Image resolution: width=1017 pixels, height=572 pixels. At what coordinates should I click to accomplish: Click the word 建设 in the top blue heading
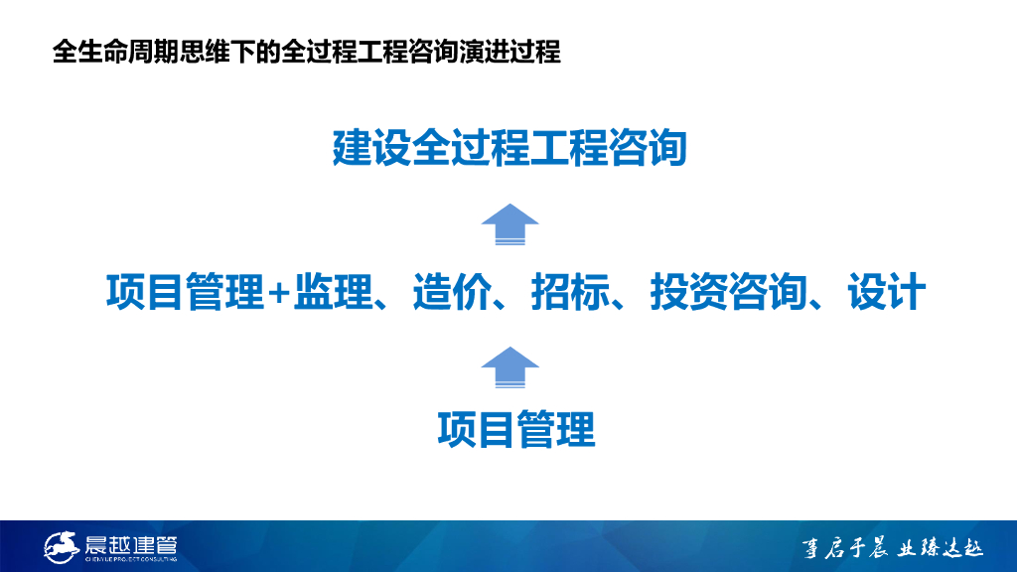(371, 148)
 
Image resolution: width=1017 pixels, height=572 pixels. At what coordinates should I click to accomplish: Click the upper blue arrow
(509, 224)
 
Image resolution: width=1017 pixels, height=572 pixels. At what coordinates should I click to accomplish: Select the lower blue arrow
(509, 367)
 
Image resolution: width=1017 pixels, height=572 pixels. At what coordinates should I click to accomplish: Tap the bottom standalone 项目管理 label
(516, 429)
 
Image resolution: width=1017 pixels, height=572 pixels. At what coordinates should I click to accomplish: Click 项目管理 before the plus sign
(186, 291)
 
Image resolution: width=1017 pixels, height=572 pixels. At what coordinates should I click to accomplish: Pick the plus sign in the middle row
(279, 293)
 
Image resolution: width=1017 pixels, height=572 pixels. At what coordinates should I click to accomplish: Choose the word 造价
(452, 291)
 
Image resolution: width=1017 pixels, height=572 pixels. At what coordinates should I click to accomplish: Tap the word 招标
(571, 291)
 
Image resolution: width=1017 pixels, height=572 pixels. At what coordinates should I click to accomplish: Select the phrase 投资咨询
(729, 291)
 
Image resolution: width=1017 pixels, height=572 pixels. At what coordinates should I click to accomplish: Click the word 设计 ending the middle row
(887, 291)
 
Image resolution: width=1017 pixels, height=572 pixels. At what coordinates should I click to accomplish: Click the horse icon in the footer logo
(62, 547)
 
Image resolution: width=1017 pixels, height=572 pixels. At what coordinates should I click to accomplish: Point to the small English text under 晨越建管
(131, 559)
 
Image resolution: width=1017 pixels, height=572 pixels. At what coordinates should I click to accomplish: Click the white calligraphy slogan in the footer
(893, 548)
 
